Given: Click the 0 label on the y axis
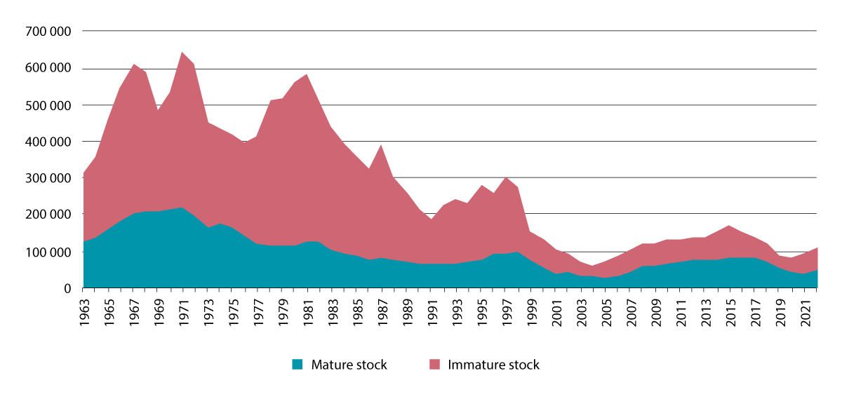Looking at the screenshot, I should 69,288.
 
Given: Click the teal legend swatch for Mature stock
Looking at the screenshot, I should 298,365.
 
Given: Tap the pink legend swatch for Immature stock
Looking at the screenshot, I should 434,365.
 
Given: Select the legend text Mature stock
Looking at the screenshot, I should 349,365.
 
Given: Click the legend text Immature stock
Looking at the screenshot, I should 493,365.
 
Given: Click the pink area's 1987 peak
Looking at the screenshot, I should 381,145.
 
